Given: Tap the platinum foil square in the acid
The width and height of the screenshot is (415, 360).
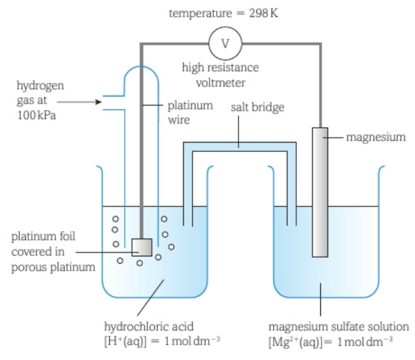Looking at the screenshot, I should (142, 247).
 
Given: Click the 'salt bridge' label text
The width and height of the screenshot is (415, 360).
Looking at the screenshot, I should (257, 107).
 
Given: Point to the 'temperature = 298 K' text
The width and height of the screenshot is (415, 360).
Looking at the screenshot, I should (223, 13).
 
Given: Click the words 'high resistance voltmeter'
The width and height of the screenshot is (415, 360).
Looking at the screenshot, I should (220, 76).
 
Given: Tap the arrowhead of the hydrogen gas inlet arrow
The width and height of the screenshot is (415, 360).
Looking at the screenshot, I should (98, 102).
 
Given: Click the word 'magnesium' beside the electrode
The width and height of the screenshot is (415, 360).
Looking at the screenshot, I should (375, 137).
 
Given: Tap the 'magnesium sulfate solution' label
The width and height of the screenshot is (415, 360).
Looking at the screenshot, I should (339, 326).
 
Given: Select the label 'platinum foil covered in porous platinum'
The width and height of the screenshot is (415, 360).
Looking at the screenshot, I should (53, 251).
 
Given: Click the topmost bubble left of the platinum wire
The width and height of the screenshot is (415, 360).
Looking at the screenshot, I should (116, 219).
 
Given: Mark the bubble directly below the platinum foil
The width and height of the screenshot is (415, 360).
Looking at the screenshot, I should (140, 263).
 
